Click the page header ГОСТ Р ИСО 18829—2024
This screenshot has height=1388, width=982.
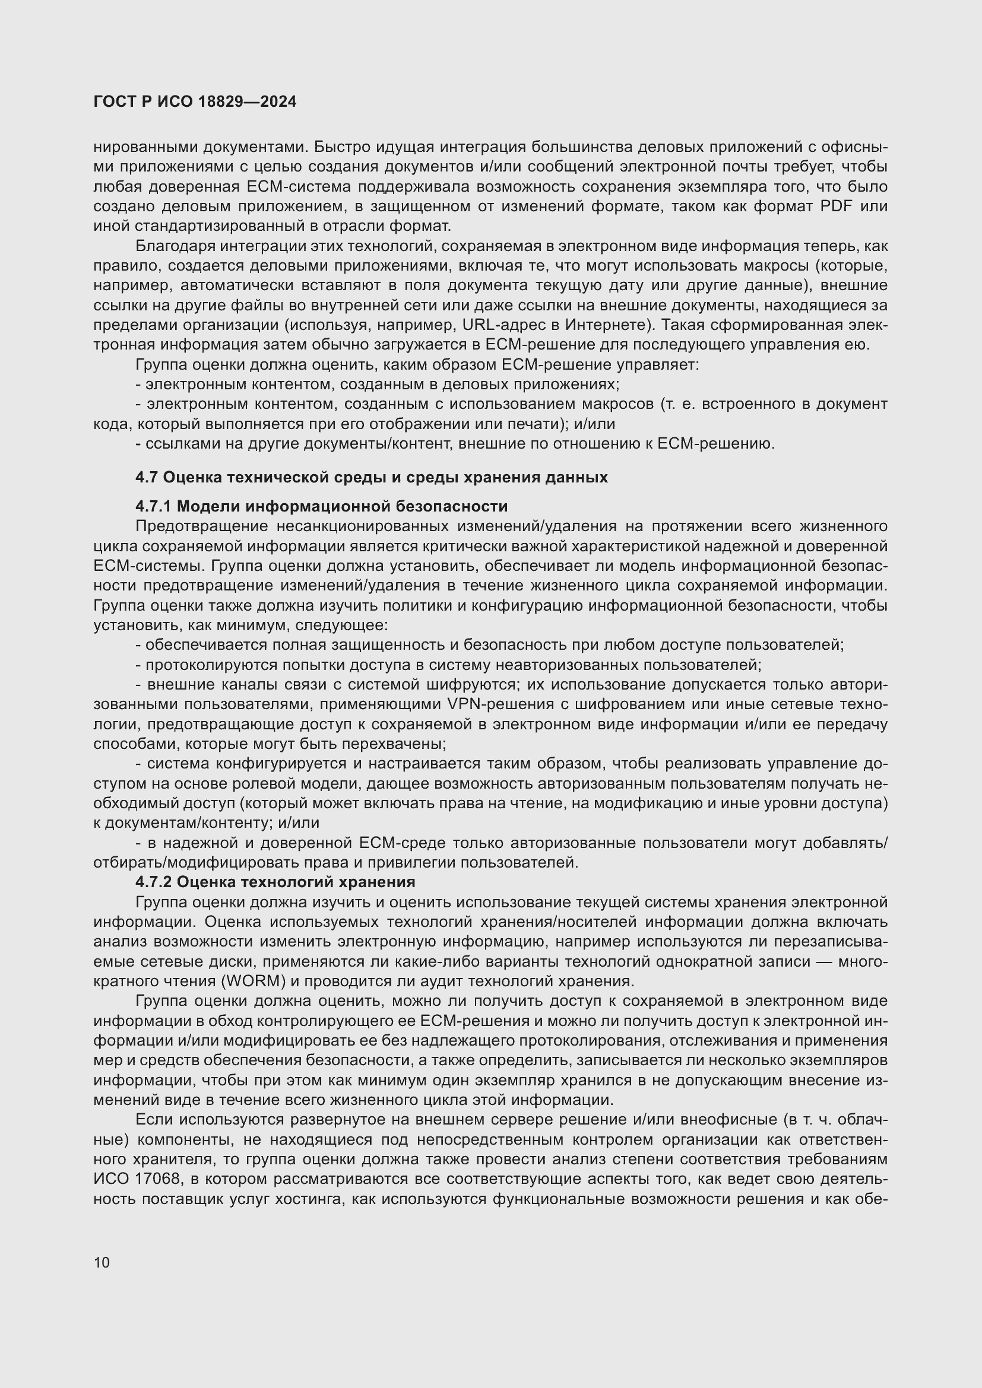(195, 101)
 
